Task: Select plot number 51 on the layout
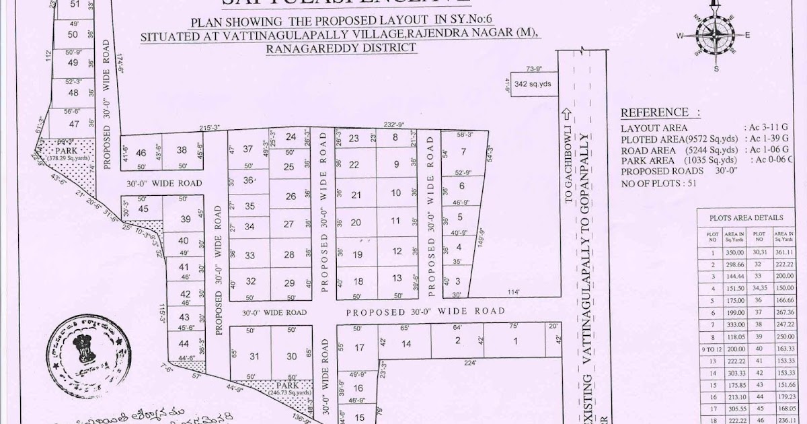[74, 5]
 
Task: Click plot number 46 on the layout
[141, 153]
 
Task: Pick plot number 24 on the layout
[291, 137]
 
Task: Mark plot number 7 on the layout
[463, 151]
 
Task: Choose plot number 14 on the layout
[406, 344]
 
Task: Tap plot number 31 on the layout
[254, 357]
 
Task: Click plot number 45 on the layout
[143, 209]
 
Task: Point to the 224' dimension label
[471, 363]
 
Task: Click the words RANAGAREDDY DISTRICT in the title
[341, 48]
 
